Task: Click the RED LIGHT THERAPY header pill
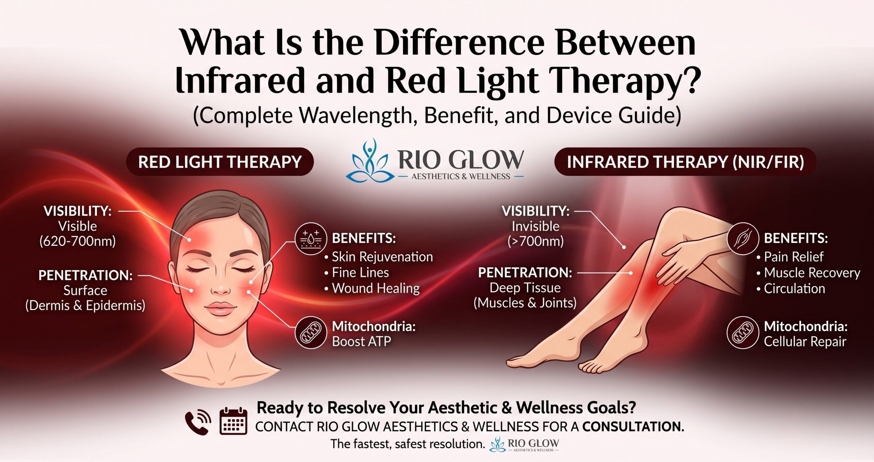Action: [x=220, y=162]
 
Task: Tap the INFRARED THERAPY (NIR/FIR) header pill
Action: [x=685, y=162]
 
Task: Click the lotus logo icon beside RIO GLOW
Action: [x=368, y=160]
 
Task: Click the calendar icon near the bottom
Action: [x=233, y=421]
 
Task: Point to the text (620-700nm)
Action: [x=78, y=241]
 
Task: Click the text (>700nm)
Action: [x=535, y=241]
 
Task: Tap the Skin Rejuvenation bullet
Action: [x=379, y=257]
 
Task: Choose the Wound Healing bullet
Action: [x=372, y=288]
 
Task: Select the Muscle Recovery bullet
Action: [x=808, y=272]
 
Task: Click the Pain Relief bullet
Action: [x=790, y=257]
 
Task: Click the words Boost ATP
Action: [x=362, y=341]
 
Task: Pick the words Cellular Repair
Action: [x=805, y=341]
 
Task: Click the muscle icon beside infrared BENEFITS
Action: [x=743, y=239]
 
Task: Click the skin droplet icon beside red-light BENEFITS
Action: [x=311, y=239]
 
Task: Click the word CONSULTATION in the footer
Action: [x=633, y=426]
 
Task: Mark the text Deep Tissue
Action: [x=525, y=288]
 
